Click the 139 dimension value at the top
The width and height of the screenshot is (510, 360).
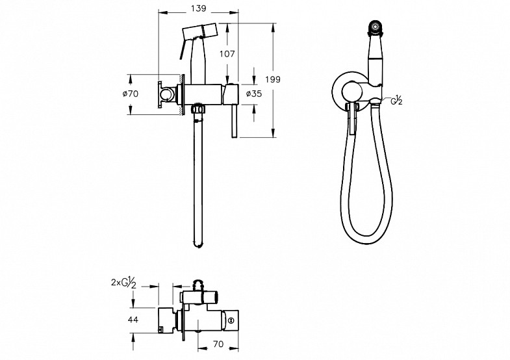click(198, 8)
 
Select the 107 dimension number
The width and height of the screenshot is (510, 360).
click(227, 54)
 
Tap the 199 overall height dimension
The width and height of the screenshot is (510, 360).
click(273, 79)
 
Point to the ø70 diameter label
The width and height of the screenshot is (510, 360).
click(130, 94)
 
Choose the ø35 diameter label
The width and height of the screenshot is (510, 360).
click(253, 94)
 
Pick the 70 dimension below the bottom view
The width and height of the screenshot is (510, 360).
click(218, 344)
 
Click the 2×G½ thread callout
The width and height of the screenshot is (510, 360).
click(123, 283)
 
